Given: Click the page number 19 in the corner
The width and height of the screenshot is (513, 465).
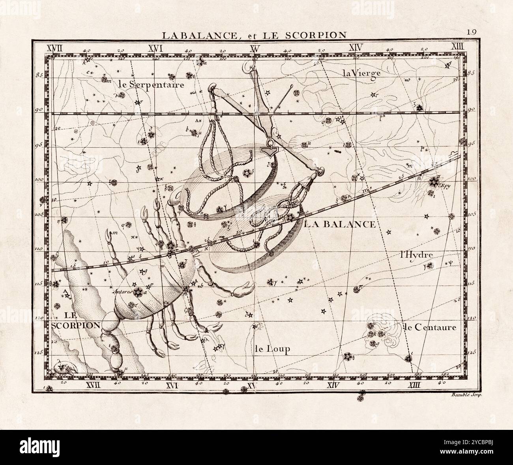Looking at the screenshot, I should pyautogui.click(x=472, y=33).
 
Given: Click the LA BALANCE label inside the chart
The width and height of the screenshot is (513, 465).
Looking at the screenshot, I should pyautogui.click(x=340, y=225).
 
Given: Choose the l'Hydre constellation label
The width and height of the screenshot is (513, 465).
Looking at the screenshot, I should pyautogui.click(x=416, y=255).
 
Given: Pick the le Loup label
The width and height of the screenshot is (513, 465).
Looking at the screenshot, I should pyautogui.click(x=272, y=349).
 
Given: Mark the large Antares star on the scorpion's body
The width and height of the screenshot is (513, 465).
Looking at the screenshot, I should pyautogui.click(x=138, y=292).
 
